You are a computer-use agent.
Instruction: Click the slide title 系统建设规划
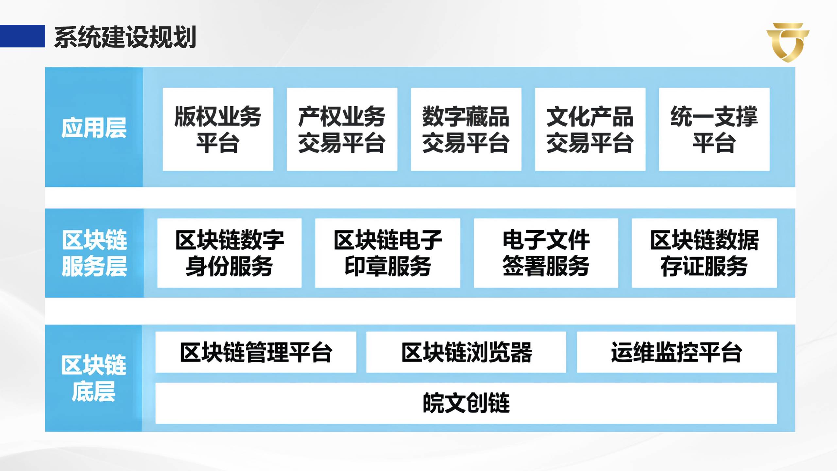click(x=125, y=37)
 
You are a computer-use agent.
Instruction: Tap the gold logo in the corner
click(x=788, y=42)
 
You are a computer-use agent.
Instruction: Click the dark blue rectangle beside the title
click(x=22, y=36)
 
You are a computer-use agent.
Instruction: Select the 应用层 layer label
click(x=94, y=128)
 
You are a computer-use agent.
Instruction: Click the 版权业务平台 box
click(x=218, y=129)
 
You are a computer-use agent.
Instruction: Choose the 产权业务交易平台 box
click(x=342, y=129)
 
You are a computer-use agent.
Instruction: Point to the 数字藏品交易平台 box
click(x=466, y=129)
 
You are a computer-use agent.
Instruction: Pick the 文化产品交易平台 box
click(x=590, y=129)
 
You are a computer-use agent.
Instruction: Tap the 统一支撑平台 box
click(x=714, y=129)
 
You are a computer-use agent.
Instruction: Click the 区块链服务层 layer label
click(x=94, y=253)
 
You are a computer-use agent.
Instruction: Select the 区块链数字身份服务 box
click(x=229, y=253)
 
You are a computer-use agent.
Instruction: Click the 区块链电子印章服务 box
click(x=387, y=253)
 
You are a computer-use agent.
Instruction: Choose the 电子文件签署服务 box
click(x=546, y=253)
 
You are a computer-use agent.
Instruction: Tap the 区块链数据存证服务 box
click(x=704, y=253)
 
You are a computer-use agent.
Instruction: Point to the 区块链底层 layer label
click(x=94, y=378)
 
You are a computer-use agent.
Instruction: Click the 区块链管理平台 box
click(x=256, y=352)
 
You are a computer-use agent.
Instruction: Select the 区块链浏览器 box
click(x=466, y=352)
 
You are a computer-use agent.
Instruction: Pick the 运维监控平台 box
click(x=676, y=352)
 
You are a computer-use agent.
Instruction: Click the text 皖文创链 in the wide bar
click(x=466, y=403)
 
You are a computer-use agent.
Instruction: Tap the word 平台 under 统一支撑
click(x=714, y=143)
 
